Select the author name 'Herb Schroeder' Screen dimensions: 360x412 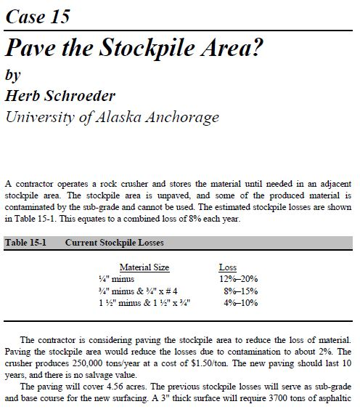pos(62,96)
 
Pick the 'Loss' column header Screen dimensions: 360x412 pos(227,267)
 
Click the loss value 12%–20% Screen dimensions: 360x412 pos(238,278)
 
